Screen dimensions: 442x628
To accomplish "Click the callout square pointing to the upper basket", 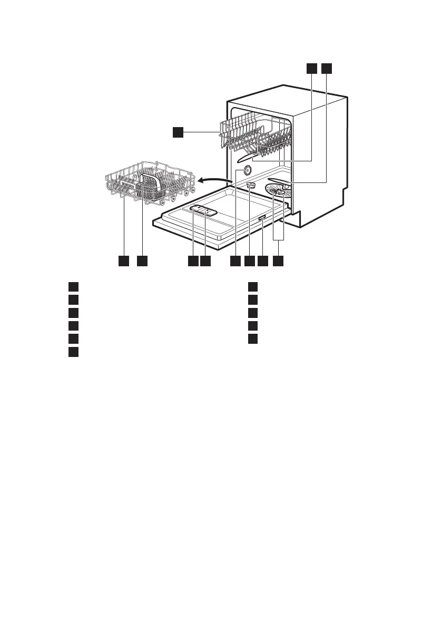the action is [x=179, y=132].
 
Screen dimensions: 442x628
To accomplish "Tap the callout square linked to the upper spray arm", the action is [x=311, y=68].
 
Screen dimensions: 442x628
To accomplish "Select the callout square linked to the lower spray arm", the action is [x=326, y=68].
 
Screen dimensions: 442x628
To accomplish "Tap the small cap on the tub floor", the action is [x=251, y=185].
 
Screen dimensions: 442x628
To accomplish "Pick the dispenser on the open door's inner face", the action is [x=202, y=210].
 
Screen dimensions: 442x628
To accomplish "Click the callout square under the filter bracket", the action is [x=279, y=260].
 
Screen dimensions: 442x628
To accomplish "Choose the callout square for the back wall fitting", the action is [x=235, y=260].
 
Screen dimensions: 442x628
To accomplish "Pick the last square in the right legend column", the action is [x=253, y=337].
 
